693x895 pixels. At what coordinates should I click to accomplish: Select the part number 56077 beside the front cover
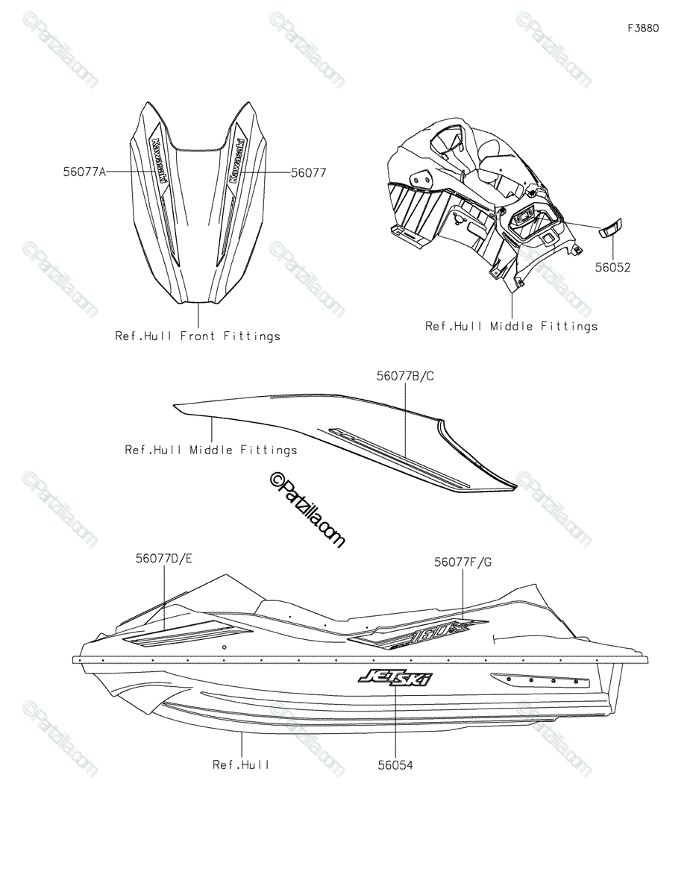click(308, 172)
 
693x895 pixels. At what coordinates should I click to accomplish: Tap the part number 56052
click(612, 268)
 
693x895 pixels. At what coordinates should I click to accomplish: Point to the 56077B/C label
click(405, 377)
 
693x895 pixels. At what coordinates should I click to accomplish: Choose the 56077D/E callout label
click(164, 558)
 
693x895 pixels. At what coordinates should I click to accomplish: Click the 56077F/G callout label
click(462, 563)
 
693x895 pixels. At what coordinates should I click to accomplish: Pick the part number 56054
click(395, 764)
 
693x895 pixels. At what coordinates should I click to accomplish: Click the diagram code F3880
click(643, 28)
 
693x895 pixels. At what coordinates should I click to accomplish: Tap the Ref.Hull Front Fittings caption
click(198, 336)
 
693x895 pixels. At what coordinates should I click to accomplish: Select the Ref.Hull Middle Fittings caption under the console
click(512, 326)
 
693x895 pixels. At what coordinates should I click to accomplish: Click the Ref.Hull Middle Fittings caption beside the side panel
click(211, 450)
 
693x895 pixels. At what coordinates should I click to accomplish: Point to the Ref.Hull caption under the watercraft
click(241, 764)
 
